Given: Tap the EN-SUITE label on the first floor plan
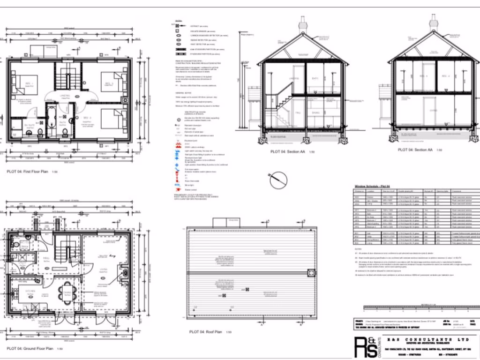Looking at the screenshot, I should (17, 126).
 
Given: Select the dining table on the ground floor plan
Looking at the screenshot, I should (67, 292).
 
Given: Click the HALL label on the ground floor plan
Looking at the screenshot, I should (46, 258).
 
